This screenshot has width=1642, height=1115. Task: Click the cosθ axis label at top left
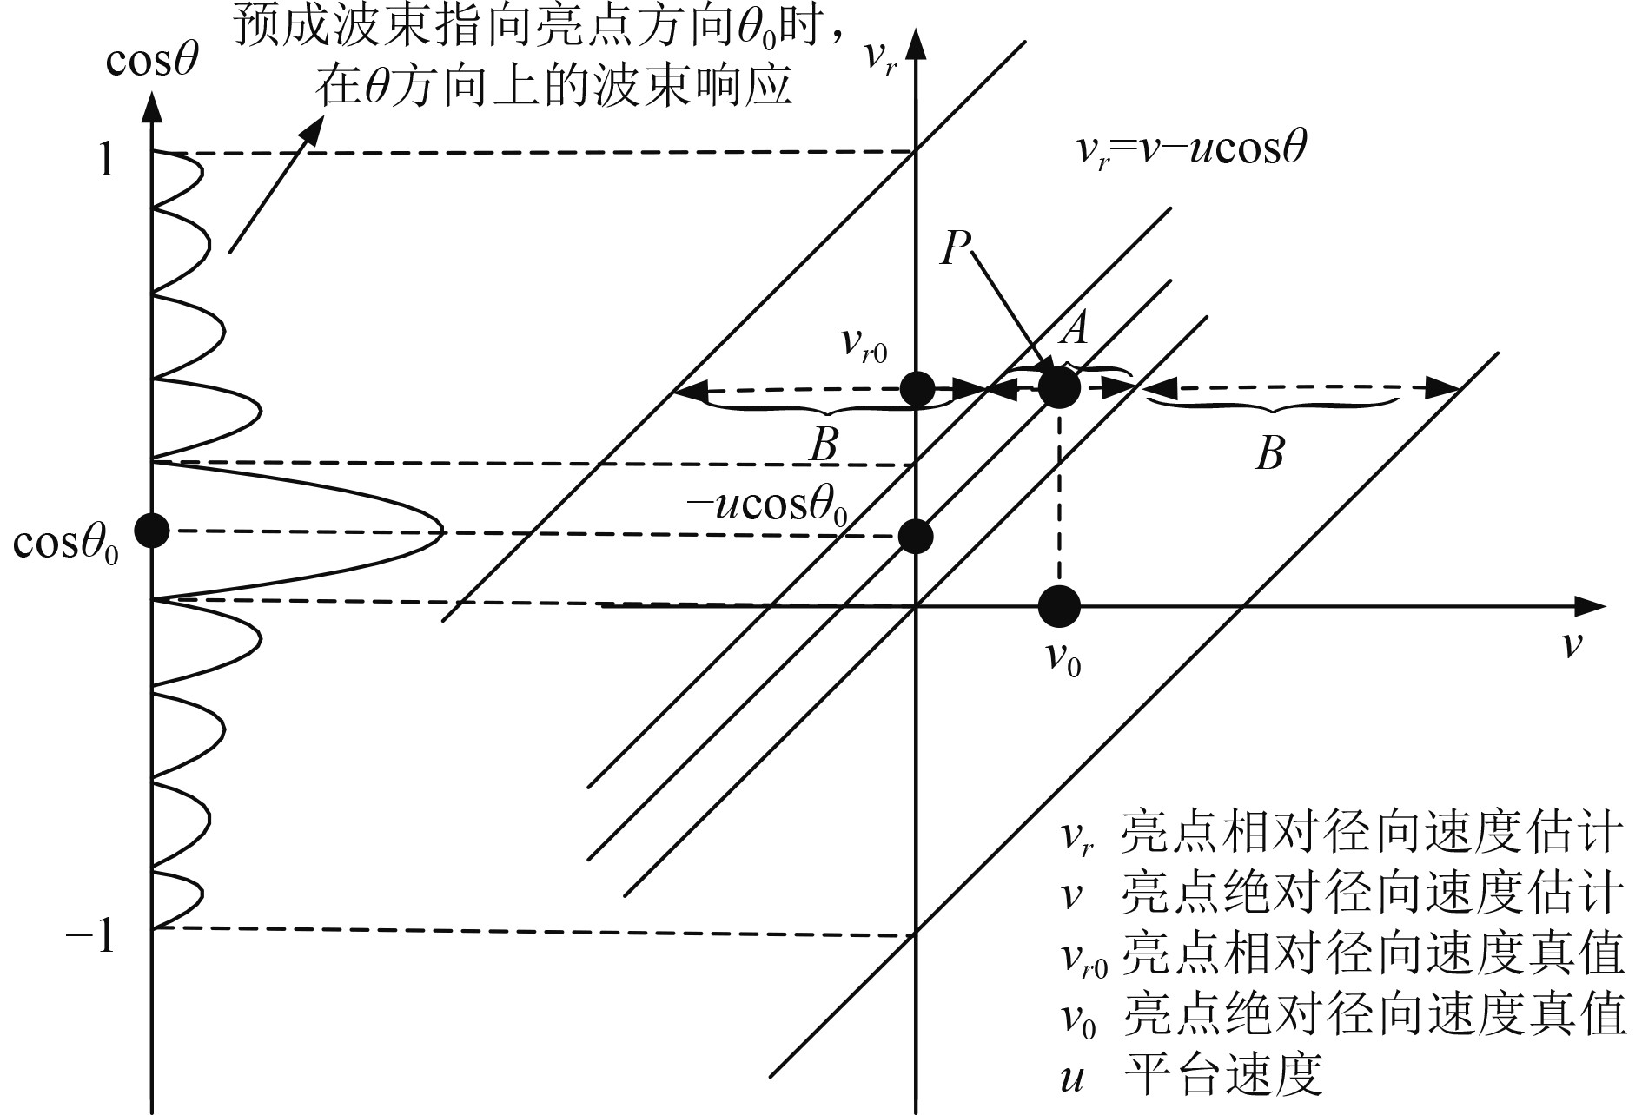pyautogui.click(x=153, y=62)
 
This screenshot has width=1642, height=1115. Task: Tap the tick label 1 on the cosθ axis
pyautogui.click(x=106, y=160)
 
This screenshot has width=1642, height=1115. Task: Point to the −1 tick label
pyautogui.click(x=92, y=937)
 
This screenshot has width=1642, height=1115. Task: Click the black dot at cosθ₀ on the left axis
pyautogui.click(x=153, y=530)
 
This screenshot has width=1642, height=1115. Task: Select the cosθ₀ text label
pyautogui.click(x=65, y=544)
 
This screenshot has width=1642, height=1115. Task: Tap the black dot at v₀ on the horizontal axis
pyautogui.click(x=1059, y=605)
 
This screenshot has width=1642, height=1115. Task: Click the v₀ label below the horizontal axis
pyautogui.click(x=1063, y=661)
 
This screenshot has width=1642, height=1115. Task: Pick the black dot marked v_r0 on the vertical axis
pyautogui.click(x=917, y=388)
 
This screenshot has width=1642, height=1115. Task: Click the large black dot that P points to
pyautogui.click(x=1059, y=387)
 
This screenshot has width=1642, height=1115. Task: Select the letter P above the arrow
pyautogui.click(x=956, y=249)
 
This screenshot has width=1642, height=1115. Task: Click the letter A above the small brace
pyautogui.click(x=1076, y=330)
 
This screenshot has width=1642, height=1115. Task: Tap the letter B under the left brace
pyautogui.click(x=823, y=446)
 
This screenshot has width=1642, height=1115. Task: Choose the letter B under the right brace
pyautogui.click(x=1269, y=453)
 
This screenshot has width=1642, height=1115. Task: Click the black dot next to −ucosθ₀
pyautogui.click(x=917, y=536)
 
